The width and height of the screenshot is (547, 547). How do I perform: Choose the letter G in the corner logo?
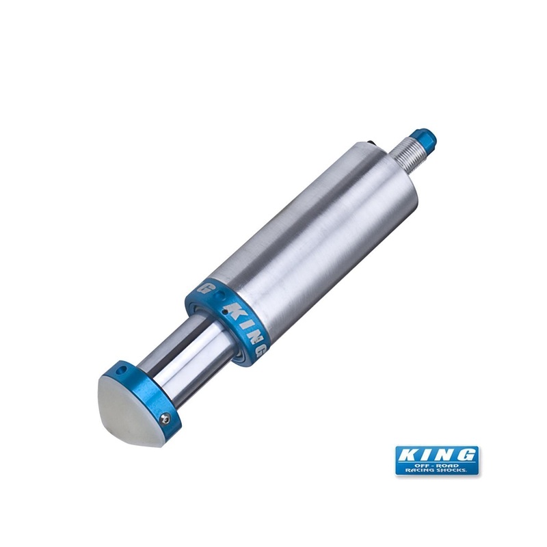pos(467,453)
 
